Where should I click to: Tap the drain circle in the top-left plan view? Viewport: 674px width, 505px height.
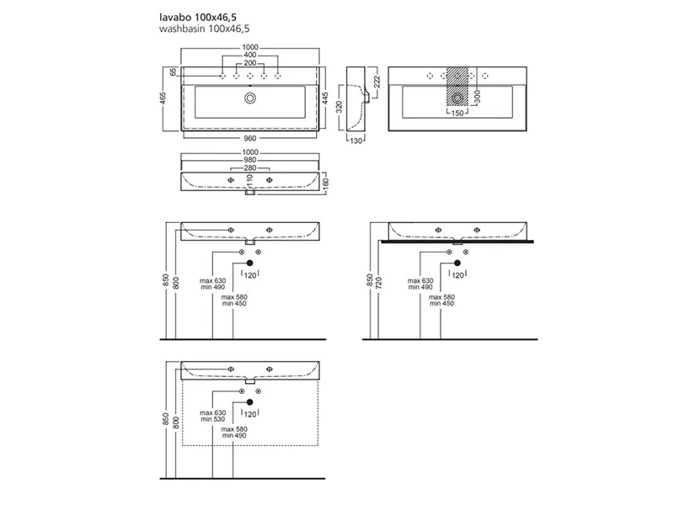(x=250, y=98)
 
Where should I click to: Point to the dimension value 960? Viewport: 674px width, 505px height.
(x=250, y=138)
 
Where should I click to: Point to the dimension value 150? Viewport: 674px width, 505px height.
(x=457, y=113)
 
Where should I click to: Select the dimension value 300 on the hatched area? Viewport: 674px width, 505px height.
(x=476, y=98)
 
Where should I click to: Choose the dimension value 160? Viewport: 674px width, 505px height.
(x=326, y=183)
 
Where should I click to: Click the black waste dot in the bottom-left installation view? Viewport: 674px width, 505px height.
(x=250, y=403)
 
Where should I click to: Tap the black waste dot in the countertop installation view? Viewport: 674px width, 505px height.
(x=457, y=264)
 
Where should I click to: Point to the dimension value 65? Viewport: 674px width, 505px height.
(x=173, y=73)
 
